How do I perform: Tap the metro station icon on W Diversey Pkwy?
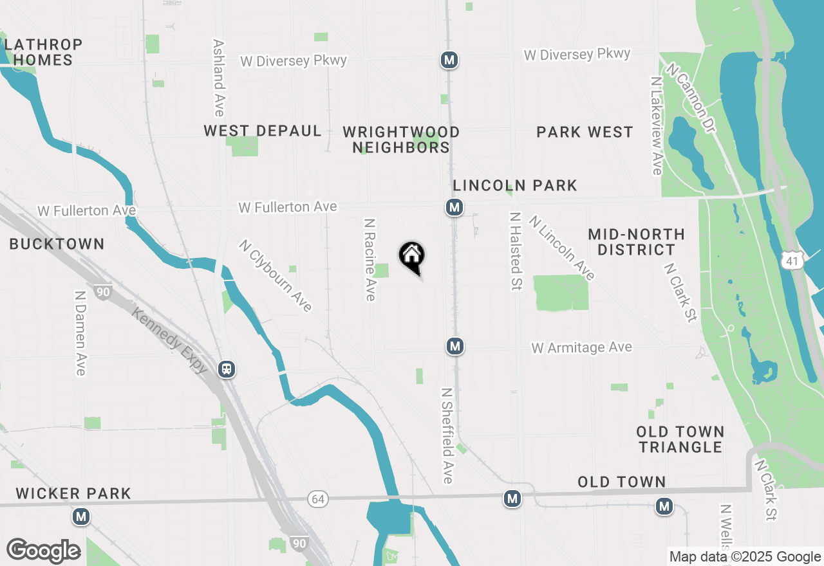click(x=449, y=60)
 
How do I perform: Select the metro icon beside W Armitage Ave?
click(x=455, y=347)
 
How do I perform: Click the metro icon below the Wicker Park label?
click(x=81, y=516)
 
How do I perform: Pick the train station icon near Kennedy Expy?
click(x=226, y=369)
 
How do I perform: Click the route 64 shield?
click(x=317, y=499)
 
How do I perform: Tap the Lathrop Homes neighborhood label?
click(x=44, y=53)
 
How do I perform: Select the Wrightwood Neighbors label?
click(x=401, y=140)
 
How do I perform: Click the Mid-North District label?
click(x=636, y=242)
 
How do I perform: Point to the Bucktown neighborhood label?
click(x=57, y=244)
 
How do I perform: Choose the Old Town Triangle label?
click(x=680, y=439)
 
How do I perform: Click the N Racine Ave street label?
click(x=370, y=259)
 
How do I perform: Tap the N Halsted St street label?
click(x=514, y=251)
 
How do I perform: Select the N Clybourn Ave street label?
click(x=276, y=275)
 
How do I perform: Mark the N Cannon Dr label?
click(x=691, y=98)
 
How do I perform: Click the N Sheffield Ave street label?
click(x=447, y=435)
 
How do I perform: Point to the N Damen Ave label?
click(x=80, y=333)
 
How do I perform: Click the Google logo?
click(x=44, y=551)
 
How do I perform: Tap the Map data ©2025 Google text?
click(x=745, y=557)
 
